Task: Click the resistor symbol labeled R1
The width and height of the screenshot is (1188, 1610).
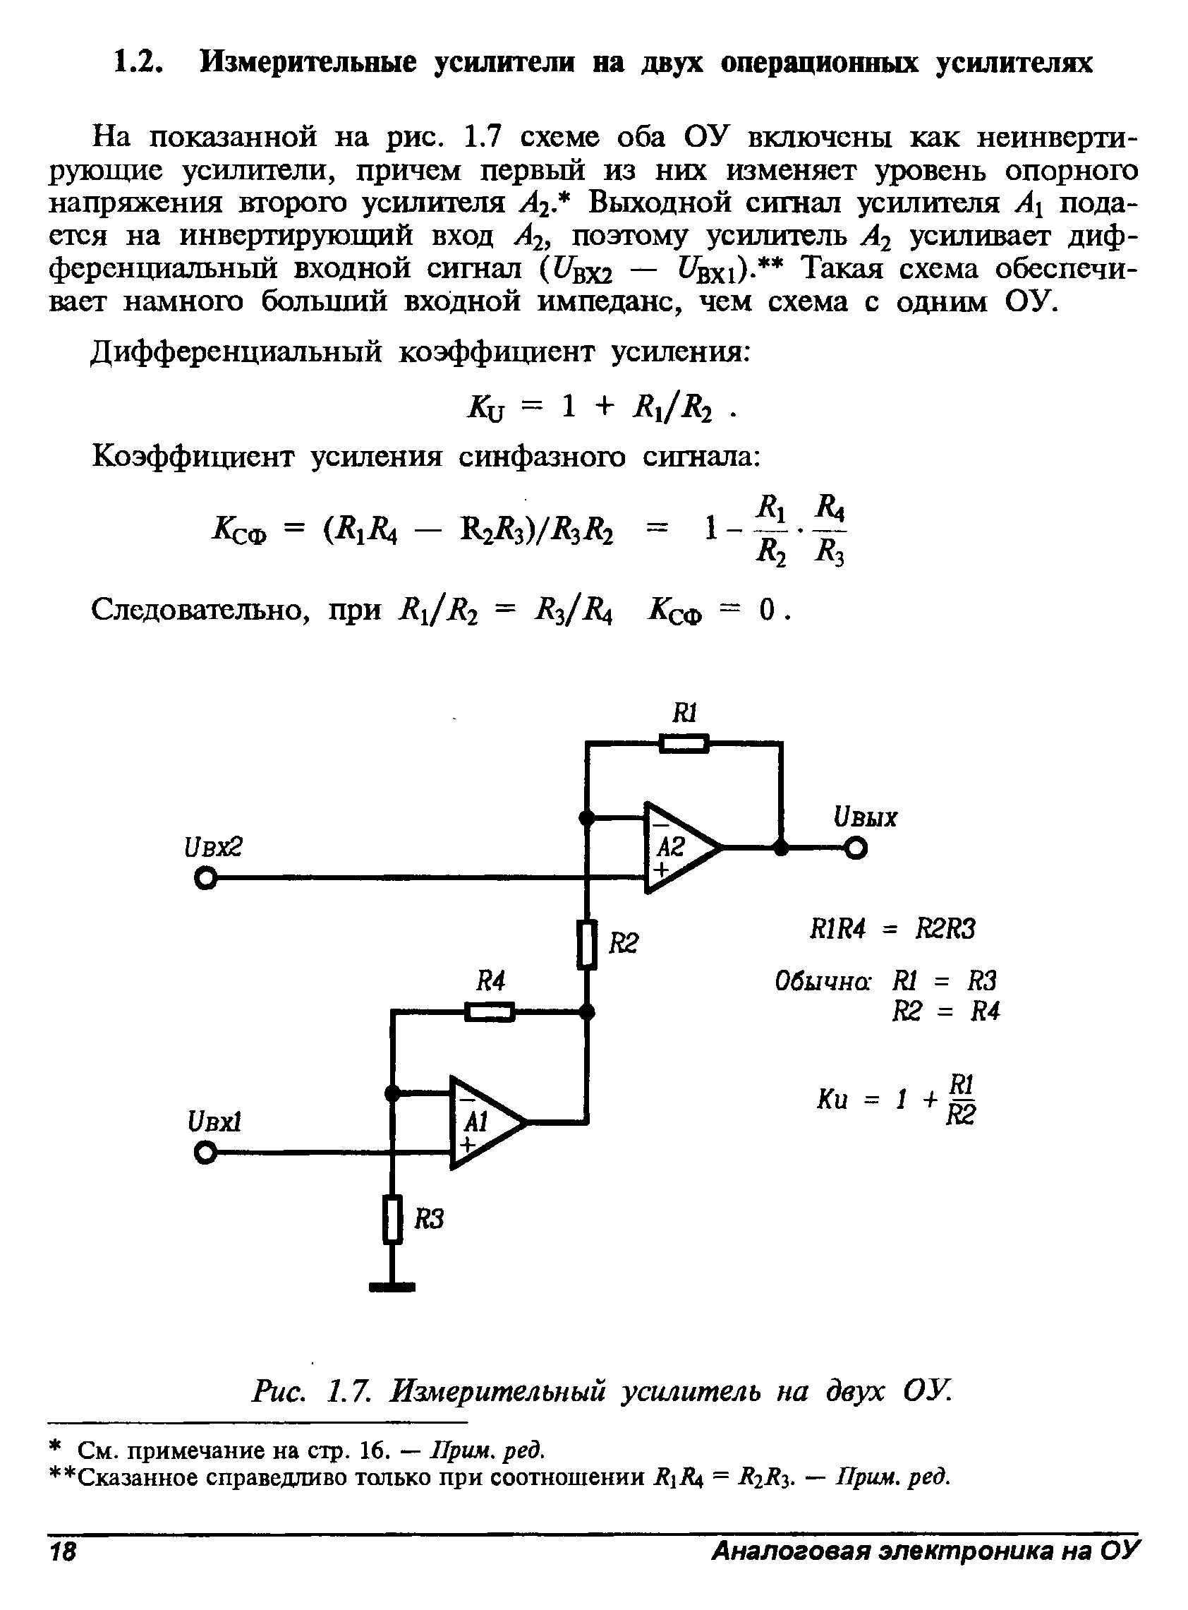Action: click(683, 743)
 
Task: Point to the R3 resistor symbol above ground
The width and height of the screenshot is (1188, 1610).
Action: click(392, 1219)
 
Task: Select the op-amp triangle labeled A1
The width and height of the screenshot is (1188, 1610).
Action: click(485, 1122)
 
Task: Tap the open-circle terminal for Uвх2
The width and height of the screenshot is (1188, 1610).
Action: click(206, 879)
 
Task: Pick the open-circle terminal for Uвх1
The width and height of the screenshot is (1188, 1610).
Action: click(205, 1154)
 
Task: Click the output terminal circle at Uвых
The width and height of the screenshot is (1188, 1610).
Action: click(856, 849)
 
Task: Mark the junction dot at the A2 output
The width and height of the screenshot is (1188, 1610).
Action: click(781, 848)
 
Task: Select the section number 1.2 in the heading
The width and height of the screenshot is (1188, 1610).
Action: click(135, 64)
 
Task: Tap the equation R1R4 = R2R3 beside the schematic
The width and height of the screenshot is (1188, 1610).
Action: click(892, 930)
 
